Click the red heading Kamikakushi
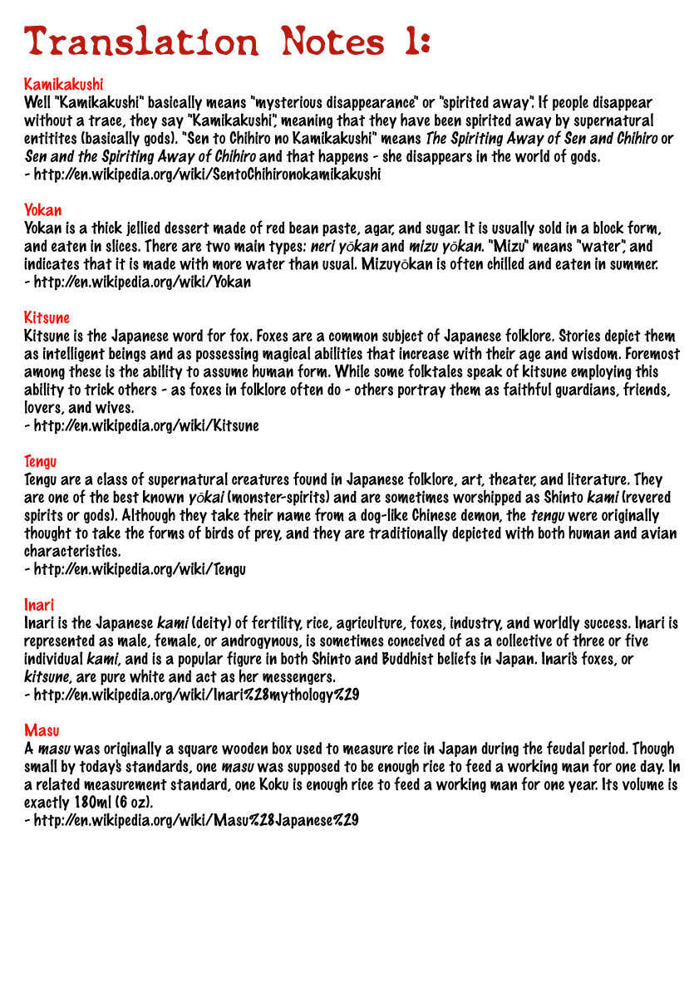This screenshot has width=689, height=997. [63, 85]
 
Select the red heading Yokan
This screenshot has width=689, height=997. [42, 210]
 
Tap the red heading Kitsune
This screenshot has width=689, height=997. [47, 317]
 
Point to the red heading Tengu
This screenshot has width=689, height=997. [40, 461]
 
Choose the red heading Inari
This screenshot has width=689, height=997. [38, 604]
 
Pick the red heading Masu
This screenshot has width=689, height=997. [42, 730]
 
